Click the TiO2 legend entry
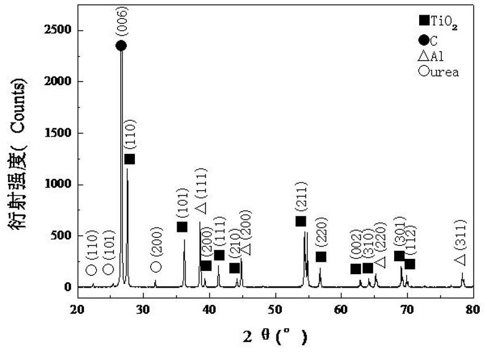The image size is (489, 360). (437, 21)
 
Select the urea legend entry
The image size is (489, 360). (438, 72)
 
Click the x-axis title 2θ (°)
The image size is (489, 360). (275, 336)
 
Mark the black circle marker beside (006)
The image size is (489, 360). (121, 45)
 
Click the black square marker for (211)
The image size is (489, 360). (300, 221)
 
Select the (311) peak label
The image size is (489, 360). (461, 236)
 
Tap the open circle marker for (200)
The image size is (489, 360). (156, 266)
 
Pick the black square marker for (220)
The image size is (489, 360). (320, 256)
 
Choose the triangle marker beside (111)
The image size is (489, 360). (202, 209)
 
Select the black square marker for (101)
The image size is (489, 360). (182, 227)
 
